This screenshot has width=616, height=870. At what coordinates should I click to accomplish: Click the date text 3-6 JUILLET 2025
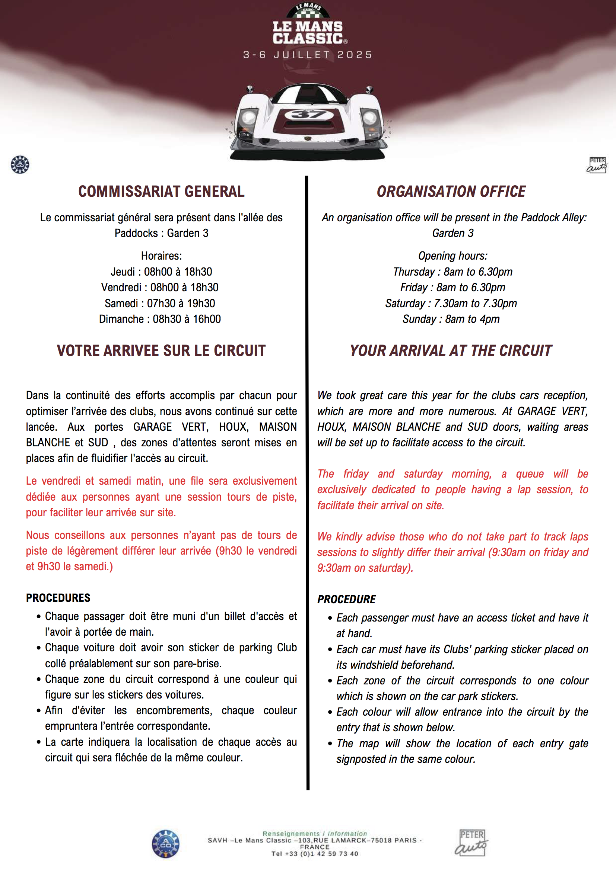point(308,55)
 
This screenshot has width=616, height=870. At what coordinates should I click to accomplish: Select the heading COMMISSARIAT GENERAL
point(161,191)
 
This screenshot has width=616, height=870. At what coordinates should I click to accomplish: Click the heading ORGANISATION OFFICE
point(451,191)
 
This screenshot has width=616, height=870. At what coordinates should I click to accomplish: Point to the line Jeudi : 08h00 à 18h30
point(161,272)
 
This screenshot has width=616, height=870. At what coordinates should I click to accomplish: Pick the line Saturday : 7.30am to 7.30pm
point(451,303)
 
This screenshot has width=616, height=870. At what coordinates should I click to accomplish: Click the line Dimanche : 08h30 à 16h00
point(160,319)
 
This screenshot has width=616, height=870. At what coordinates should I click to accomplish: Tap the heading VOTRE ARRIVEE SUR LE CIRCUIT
point(161,350)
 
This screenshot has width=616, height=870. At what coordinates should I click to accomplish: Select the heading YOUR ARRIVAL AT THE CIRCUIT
point(451,350)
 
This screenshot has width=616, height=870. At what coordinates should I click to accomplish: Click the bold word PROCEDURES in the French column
point(58,598)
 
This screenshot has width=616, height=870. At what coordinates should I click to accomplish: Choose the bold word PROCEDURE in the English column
point(346,599)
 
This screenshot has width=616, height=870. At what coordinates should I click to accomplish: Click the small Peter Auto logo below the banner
point(597,165)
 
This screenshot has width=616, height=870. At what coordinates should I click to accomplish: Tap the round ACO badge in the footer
point(166,844)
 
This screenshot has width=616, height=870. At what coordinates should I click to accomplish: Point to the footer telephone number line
point(314,854)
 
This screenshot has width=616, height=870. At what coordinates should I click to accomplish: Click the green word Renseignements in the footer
point(291,834)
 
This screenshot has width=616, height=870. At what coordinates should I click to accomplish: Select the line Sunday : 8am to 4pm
point(451,319)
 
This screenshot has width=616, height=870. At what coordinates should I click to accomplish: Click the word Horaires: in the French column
point(161,256)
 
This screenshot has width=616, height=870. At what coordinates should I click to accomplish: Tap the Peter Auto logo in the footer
point(471,843)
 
